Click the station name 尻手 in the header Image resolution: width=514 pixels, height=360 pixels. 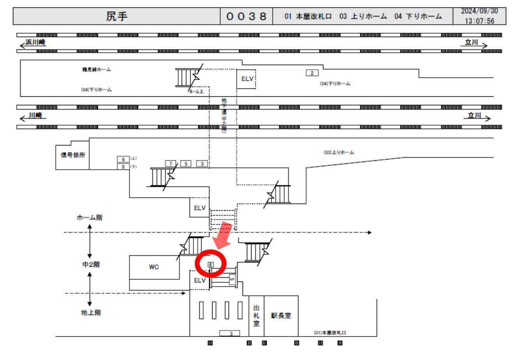[117, 17]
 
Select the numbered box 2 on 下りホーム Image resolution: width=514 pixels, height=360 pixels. [312, 73]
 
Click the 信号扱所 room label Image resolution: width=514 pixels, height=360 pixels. [72, 154]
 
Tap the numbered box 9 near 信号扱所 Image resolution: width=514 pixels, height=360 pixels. [123, 159]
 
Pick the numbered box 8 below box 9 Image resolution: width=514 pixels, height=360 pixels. [123, 167]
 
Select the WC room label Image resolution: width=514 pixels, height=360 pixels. [154, 267]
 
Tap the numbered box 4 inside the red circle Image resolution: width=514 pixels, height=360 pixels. [211, 264]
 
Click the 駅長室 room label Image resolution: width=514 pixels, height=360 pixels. [281, 316]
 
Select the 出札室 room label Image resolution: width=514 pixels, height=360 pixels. [256, 316]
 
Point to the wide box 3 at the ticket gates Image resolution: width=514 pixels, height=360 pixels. [231, 333]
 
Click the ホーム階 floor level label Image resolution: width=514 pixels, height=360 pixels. [89, 218]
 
